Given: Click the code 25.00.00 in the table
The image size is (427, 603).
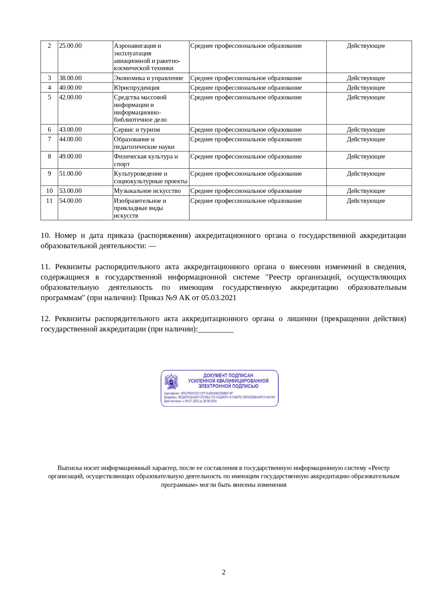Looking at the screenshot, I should pos(71,46).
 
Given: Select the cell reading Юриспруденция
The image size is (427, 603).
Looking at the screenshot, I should pos(137,88).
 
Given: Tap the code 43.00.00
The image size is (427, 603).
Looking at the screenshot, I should pos(71,130).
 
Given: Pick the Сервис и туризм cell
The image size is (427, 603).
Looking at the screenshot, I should pos(137,130).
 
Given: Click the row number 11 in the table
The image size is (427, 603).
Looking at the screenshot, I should pos(49,201).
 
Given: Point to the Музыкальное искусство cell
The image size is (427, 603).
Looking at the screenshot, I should pos(147,191).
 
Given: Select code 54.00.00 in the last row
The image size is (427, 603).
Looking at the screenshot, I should pos(71,201).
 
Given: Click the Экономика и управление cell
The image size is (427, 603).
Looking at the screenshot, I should pos(148,78).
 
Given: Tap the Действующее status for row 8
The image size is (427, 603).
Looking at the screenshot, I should pos(366,157).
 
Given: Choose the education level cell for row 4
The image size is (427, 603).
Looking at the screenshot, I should pos(246,88).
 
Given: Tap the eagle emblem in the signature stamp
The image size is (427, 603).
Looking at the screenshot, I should pos(171,382).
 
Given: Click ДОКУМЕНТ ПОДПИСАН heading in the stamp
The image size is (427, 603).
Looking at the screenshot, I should pos(228,375).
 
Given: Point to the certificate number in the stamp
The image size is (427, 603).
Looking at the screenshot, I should pos(206,393).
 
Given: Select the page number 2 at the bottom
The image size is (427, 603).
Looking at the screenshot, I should pos(224,572).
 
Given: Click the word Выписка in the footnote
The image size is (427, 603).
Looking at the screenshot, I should pos(70,468).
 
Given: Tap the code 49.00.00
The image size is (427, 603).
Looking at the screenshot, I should pos(71,157).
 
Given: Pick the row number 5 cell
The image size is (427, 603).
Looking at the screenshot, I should pos(49,98).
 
